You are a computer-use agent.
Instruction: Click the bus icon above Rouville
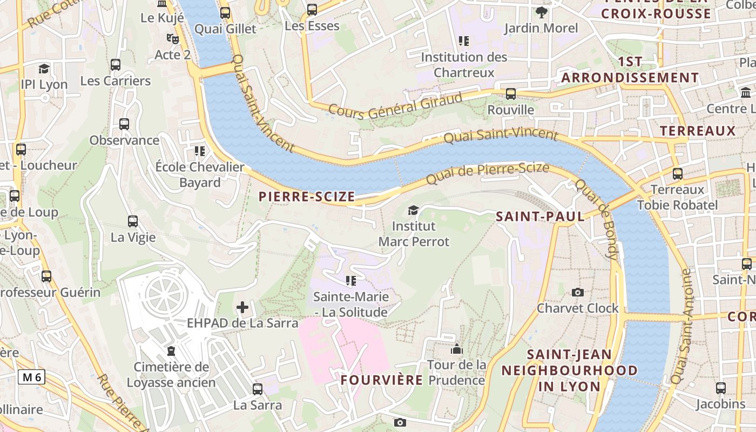click(x=511, y=94)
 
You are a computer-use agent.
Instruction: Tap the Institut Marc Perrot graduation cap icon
click(x=413, y=210)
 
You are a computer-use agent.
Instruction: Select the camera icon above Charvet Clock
click(x=578, y=292)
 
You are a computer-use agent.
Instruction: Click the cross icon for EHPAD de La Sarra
click(x=242, y=308)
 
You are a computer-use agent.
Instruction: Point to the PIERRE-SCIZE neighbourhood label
click(x=307, y=197)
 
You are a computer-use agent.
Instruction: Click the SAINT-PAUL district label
click(x=540, y=217)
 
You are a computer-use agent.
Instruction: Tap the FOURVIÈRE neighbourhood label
click(x=382, y=380)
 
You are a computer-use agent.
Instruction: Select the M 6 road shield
click(x=31, y=377)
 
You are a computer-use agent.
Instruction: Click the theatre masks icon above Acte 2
click(x=173, y=39)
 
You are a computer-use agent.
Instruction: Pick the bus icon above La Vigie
click(x=133, y=221)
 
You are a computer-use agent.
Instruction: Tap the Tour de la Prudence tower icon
click(x=457, y=349)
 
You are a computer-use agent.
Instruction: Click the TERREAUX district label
click(x=698, y=131)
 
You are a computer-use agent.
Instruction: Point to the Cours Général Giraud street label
click(x=396, y=106)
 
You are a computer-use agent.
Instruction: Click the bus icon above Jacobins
click(x=721, y=388)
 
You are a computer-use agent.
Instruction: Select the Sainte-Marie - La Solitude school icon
click(x=351, y=280)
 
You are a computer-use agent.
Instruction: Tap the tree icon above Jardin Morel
click(x=541, y=12)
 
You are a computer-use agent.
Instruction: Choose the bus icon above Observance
click(x=124, y=124)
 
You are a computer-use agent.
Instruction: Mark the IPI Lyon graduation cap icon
click(x=44, y=69)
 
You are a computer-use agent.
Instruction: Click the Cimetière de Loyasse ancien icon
click(x=171, y=351)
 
